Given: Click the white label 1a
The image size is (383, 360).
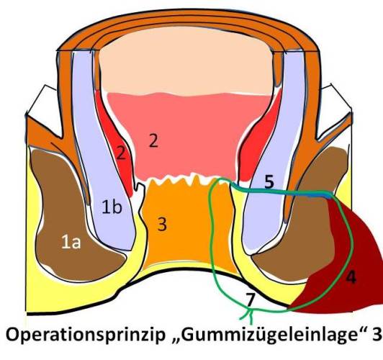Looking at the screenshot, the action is (71, 243).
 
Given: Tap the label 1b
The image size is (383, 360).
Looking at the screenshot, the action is (112, 207).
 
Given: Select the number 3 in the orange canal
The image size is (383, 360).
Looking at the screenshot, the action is (162, 224).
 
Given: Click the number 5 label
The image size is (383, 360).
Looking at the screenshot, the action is (269, 182).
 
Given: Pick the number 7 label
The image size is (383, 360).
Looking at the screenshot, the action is (251, 300).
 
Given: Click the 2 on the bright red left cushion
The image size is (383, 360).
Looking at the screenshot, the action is (121, 153).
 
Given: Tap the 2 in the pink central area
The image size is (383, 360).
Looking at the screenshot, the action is (153, 140).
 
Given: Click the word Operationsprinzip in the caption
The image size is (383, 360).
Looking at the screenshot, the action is (85, 336).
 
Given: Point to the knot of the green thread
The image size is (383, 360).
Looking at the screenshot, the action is (250, 310).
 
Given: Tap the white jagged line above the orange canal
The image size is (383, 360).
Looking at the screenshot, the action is (186, 180).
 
